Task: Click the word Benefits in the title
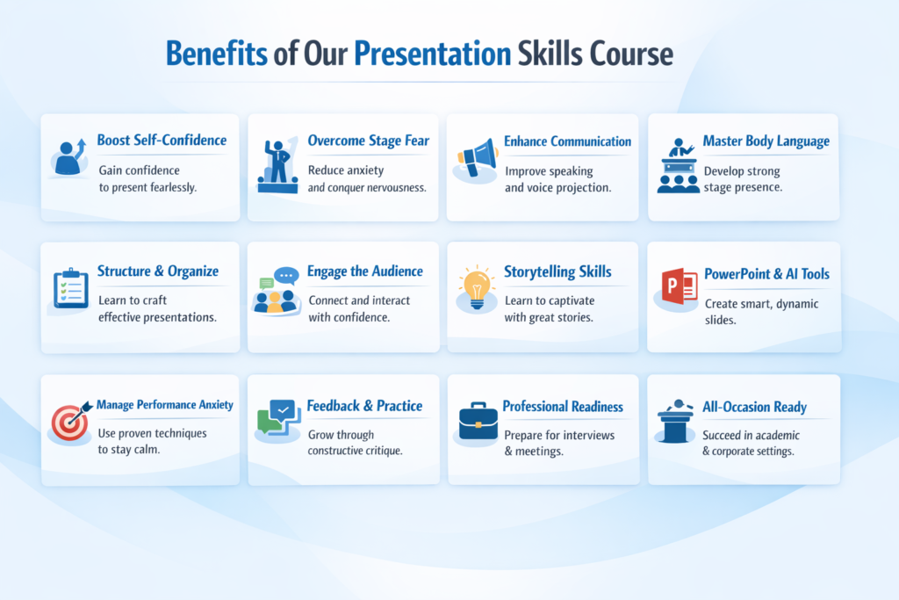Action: pos(217,54)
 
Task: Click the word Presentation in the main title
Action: pos(432,54)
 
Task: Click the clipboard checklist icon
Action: pos(70,288)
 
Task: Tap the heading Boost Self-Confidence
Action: pos(162,141)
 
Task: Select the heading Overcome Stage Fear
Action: pos(368,141)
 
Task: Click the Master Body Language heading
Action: pos(766,141)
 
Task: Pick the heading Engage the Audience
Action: pos(364,271)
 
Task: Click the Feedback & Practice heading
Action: pos(364,406)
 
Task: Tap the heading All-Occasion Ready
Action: pos(754,407)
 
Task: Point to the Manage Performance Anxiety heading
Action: pos(165,405)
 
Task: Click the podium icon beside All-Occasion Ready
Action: pos(677,422)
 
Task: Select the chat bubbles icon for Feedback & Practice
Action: pos(277,417)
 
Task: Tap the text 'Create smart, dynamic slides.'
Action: pos(749,312)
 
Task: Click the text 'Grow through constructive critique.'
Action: pos(355,443)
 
